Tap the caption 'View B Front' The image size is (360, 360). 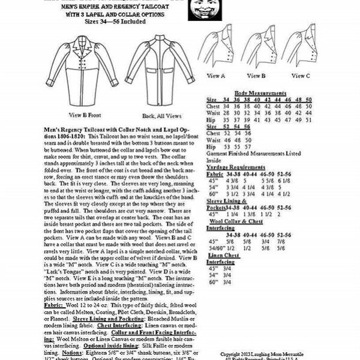point(83,115)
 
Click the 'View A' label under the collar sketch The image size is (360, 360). point(216,76)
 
